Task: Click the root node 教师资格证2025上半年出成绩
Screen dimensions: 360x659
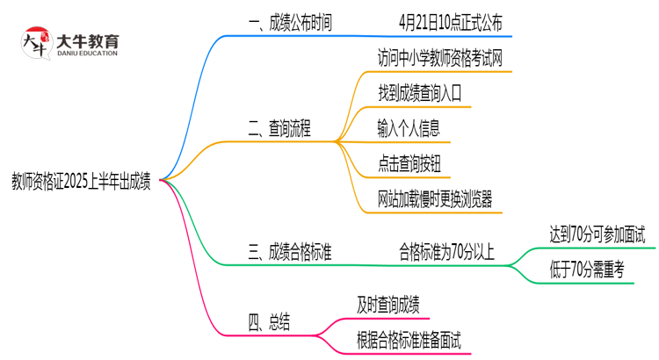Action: pos(80,183)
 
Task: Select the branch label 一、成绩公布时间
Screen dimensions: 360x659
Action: pos(291,23)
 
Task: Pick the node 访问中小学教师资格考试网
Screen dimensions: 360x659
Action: pos(440,60)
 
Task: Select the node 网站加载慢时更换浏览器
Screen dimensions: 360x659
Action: pos(434,199)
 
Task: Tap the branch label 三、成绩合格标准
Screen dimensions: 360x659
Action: pos(291,253)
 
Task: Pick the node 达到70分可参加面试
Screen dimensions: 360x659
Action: pos(597,234)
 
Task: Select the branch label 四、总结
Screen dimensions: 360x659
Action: pos(269,323)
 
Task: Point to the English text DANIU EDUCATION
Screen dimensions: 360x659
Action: pos(87,54)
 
